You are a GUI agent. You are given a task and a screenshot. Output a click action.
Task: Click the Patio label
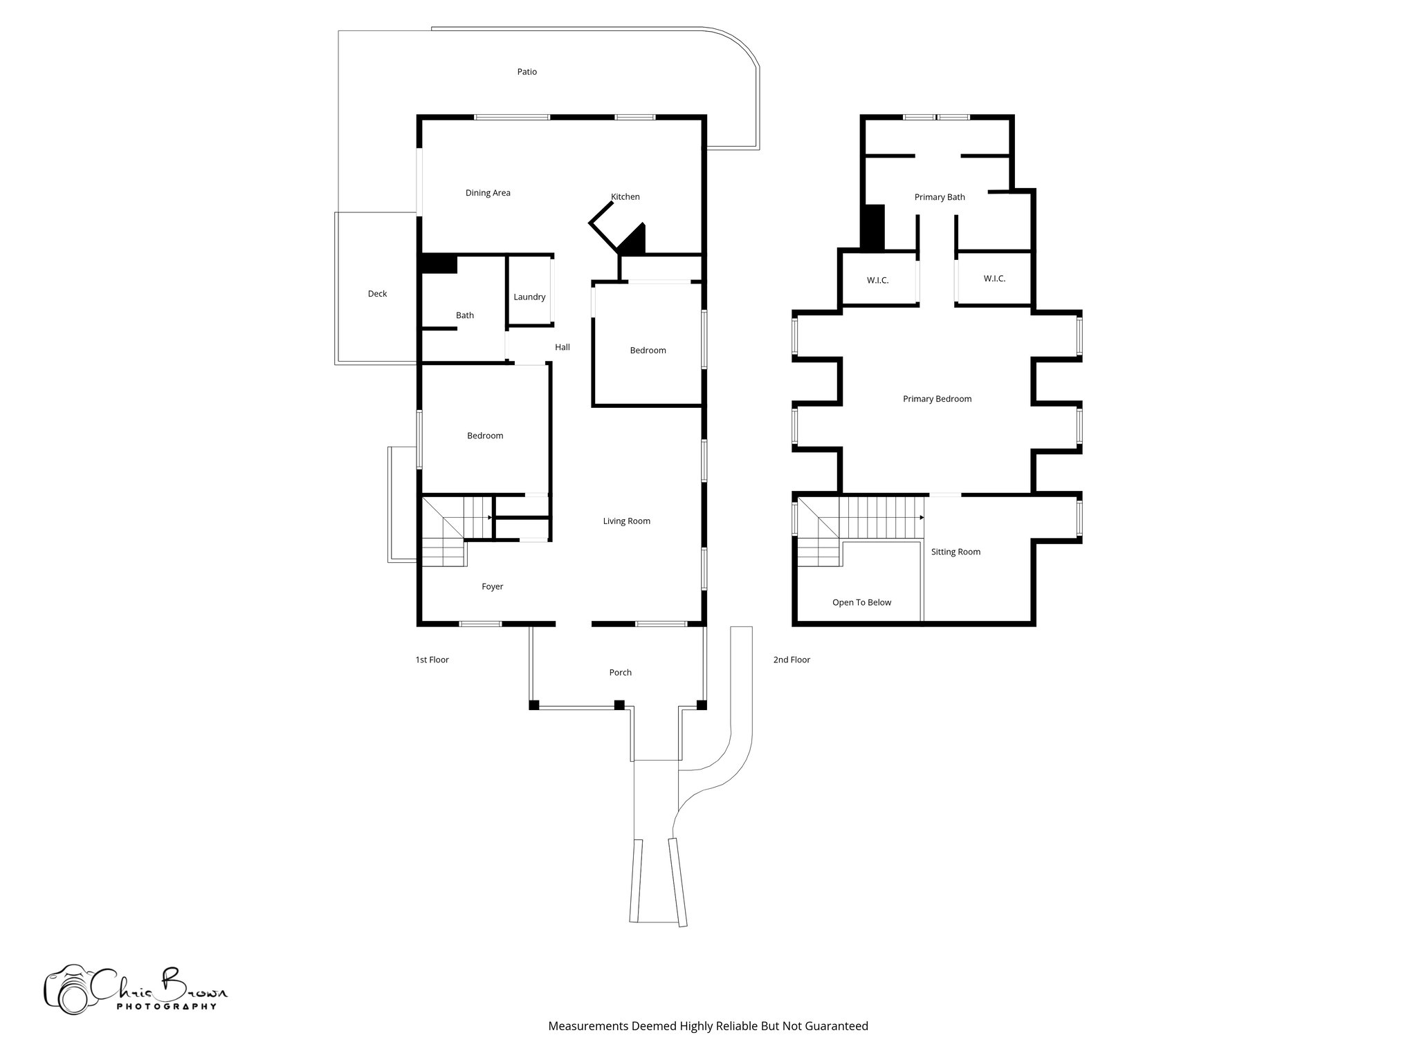[x=527, y=72]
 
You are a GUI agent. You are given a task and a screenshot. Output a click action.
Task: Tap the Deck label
[x=377, y=294]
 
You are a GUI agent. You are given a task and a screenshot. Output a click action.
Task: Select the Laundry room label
[x=529, y=297]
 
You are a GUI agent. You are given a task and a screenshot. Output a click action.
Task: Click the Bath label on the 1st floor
[x=465, y=315]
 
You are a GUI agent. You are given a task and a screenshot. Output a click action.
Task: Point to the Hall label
[x=562, y=347]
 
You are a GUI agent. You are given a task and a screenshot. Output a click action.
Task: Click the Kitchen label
[x=625, y=197]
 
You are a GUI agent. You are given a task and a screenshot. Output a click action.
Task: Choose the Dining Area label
[x=488, y=193]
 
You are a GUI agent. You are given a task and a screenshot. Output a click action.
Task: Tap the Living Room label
[x=626, y=521]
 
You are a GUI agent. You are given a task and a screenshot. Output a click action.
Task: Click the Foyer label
[x=492, y=587]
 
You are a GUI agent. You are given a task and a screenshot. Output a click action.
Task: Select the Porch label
[x=620, y=673]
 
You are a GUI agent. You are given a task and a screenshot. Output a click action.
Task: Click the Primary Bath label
[x=939, y=198]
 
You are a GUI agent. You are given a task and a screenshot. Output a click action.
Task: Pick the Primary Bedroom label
[x=937, y=399]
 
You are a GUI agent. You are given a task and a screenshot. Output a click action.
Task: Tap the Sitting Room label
[x=956, y=552]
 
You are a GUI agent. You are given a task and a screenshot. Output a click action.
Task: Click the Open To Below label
[x=861, y=603]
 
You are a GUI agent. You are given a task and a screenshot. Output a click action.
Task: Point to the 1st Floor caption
[x=432, y=660]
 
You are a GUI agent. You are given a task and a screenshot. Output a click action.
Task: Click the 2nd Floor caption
[x=792, y=660]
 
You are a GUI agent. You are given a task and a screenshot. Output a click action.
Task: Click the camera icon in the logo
[x=66, y=989]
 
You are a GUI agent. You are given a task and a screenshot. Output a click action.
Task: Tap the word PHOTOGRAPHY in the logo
[x=166, y=1006]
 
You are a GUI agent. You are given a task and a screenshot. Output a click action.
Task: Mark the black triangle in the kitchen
[x=635, y=241]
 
